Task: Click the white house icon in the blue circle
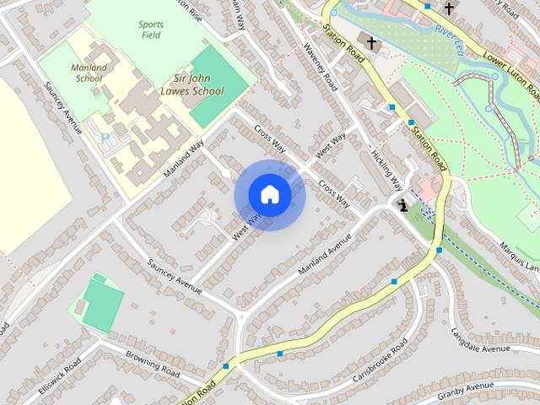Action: tap(269, 195)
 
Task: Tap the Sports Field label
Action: tap(151, 30)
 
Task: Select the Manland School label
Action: tap(89, 73)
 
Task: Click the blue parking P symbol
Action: tap(105, 138)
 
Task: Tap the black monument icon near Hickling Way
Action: tap(404, 204)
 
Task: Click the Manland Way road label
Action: tap(184, 160)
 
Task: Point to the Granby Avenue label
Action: tap(464, 391)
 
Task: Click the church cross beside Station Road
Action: tap(370, 40)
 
